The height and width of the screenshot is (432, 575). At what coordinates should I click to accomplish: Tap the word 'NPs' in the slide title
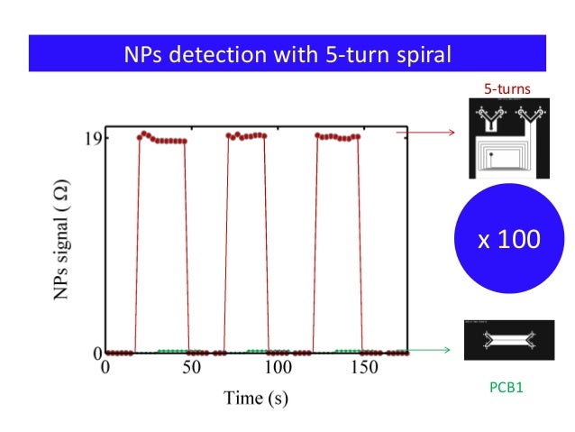pyautogui.click(x=146, y=56)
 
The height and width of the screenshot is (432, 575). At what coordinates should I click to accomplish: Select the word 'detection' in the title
pyautogui.click(x=220, y=56)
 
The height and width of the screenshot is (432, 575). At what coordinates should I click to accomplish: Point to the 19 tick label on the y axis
pyautogui.click(x=89, y=138)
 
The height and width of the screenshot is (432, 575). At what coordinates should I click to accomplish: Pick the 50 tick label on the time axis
pyautogui.click(x=190, y=368)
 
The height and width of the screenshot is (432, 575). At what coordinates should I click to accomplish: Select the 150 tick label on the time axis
pyautogui.click(x=364, y=368)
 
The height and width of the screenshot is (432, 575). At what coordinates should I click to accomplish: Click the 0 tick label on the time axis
pyautogui.click(x=105, y=368)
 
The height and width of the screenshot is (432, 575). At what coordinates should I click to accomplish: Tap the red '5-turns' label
pyautogui.click(x=507, y=89)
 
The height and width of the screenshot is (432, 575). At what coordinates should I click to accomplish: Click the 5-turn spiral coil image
pyautogui.click(x=507, y=140)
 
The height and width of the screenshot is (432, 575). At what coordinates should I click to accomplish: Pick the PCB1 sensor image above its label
pyautogui.click(x=508, y=340)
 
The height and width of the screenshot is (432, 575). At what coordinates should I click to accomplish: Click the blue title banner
pyautogui.click(x=287, y=55)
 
